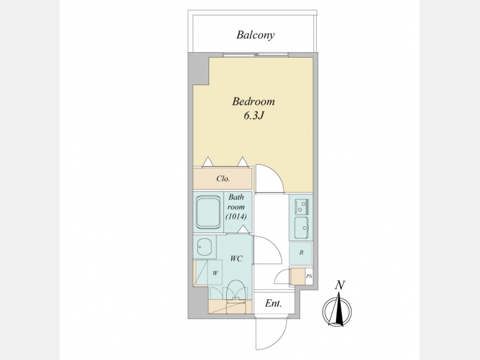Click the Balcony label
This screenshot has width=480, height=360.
[x=255, y=35]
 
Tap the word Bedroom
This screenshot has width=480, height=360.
[x=253, y=101]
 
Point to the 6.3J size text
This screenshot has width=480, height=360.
[x=253, y=116]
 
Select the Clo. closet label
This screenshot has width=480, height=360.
[x=223, y=179]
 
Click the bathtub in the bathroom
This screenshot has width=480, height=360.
[x=209, y=212]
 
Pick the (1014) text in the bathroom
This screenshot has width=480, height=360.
[x=236, y=217]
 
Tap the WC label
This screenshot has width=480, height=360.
[x=236, y=259]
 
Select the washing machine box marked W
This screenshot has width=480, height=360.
[x=215, y=273]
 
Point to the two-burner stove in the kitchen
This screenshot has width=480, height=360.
[x=301, y=206]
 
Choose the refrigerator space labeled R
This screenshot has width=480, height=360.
[x=301, y=253]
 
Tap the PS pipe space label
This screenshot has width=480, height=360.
[x=309, y=276]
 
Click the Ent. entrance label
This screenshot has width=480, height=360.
[x=273, y=303]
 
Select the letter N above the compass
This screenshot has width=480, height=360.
[x=339, y=285]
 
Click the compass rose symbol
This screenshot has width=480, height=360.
[x=337, y=311]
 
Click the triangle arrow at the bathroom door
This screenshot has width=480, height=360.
[x=243, y=229]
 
